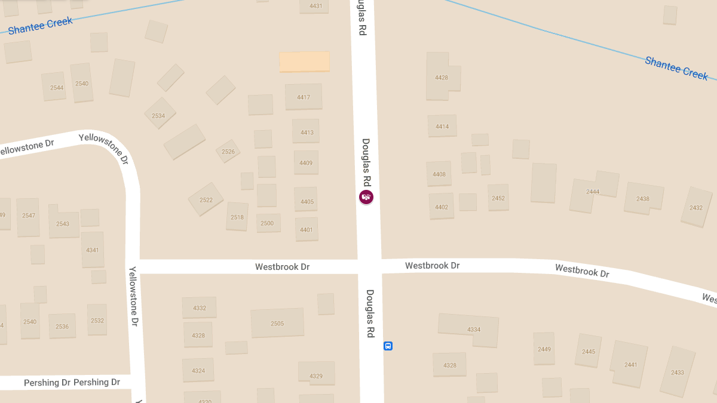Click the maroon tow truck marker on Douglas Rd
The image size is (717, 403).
(366, 197)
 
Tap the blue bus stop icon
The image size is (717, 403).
(388, 346)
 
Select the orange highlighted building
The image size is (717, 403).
(305, 61)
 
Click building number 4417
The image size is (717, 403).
(304, 97)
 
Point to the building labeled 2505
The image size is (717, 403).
(277, 323)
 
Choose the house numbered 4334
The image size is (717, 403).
(473, 329)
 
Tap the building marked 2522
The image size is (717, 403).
(206, 199)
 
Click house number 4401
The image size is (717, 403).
(307, 229)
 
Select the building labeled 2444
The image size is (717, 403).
(593, 191)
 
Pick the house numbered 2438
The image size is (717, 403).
(643, 198)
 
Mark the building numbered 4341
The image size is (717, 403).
(93, 250)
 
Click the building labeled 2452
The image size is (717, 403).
(498, 198)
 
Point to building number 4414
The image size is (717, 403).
(442, 126)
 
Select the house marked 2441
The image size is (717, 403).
(630, 364)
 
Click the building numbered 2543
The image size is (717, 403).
(63, 223)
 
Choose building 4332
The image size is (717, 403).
(199, 307)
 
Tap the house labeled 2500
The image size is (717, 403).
(268, 223)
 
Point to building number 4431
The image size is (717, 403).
(315, 6)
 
